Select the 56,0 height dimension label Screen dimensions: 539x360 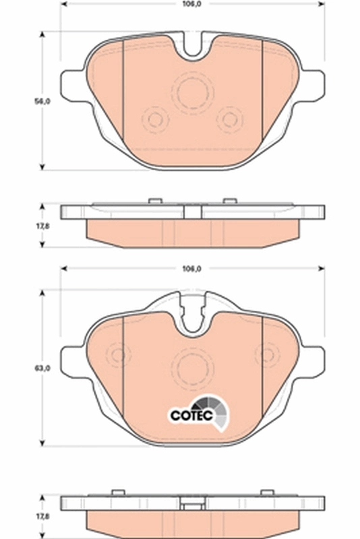42,101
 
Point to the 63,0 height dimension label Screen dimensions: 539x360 42,368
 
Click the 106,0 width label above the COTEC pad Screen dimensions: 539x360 192,269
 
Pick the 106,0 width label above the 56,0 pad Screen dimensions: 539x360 192,5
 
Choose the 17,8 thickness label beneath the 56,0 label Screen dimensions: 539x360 42,227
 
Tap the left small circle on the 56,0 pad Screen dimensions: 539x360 155,120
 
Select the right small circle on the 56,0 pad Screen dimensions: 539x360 230,120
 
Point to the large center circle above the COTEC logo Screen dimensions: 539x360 192,367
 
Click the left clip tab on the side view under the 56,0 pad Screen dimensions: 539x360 154,200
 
